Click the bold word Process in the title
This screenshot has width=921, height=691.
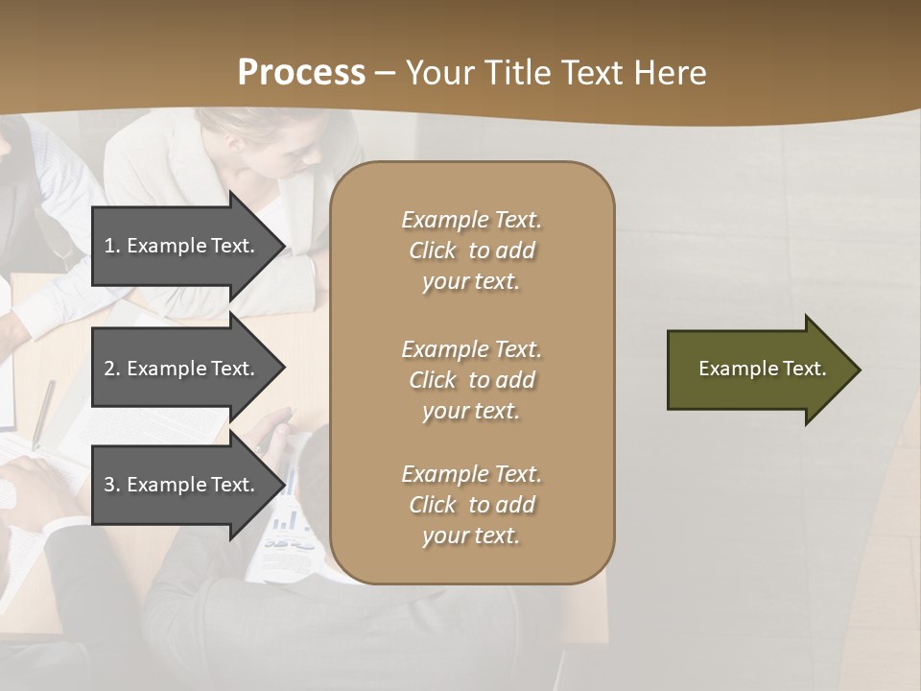pos(301,73)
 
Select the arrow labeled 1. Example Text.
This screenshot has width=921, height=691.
pos(182,246)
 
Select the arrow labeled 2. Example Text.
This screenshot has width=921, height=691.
pos(182,369)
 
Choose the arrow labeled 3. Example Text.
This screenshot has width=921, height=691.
pos(182,485)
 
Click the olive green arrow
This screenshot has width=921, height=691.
pos(758,369)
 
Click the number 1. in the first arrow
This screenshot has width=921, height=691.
pos(112,246)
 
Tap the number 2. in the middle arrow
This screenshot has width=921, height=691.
pos(112,369)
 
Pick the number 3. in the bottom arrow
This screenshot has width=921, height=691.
pos(112,485)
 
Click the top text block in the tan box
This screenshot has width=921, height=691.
pos(471,250)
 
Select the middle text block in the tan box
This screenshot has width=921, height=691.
pos(471,380)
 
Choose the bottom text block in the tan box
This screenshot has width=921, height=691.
pos(471,505)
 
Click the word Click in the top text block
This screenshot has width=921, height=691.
pos(433,250)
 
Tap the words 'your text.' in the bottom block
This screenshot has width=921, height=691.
pos(471,536)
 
